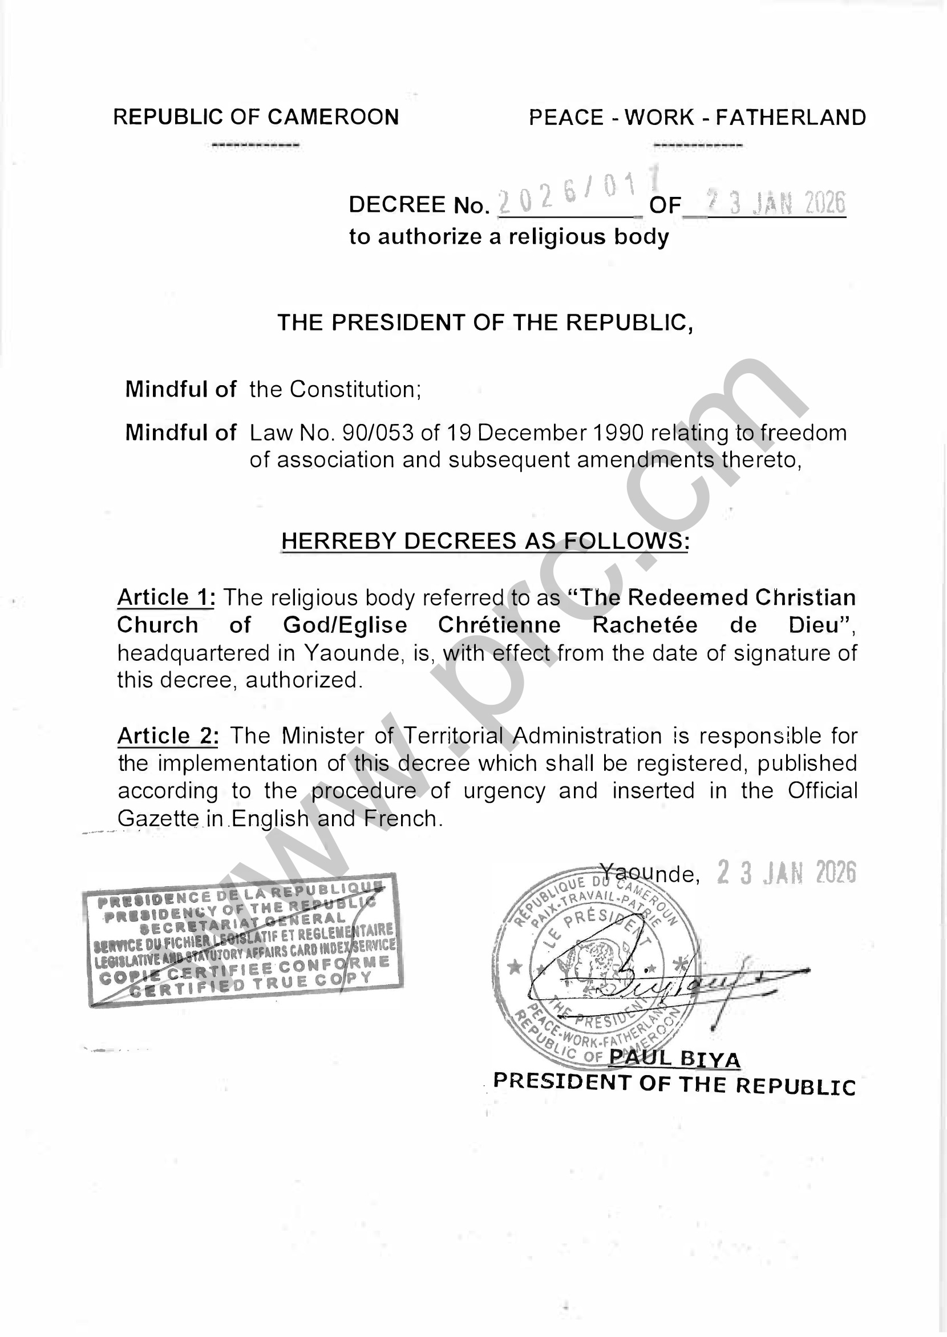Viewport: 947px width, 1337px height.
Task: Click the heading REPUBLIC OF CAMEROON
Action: [x=256, y=117]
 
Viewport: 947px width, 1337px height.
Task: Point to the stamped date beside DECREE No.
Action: [x=775, y=203]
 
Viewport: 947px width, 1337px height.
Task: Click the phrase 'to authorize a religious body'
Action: [x=508, y=237]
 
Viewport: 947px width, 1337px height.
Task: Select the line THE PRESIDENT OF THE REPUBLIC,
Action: [x=485, y=322]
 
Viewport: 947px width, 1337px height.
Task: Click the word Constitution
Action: [x=354, y=389]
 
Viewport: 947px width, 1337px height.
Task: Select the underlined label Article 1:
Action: [x=166, y=597]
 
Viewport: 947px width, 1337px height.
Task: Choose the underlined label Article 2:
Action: [x=168, y=736]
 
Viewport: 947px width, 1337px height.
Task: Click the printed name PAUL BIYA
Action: [x=674, y=1059]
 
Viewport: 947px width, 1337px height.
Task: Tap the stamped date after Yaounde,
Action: [x=786, y=873]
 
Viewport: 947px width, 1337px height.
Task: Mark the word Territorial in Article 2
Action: [x=453, y=736]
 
